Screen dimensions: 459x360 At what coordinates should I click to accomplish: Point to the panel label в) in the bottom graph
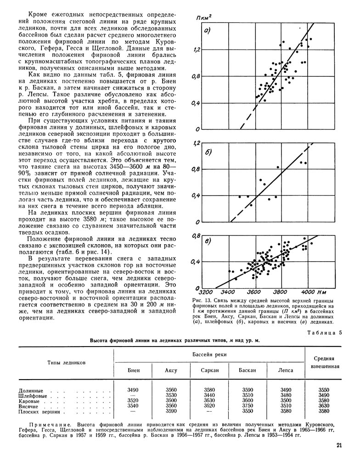[208, 242]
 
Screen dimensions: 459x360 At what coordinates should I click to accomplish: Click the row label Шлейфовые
[31, 395]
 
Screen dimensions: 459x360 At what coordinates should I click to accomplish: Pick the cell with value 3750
[247, 405]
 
